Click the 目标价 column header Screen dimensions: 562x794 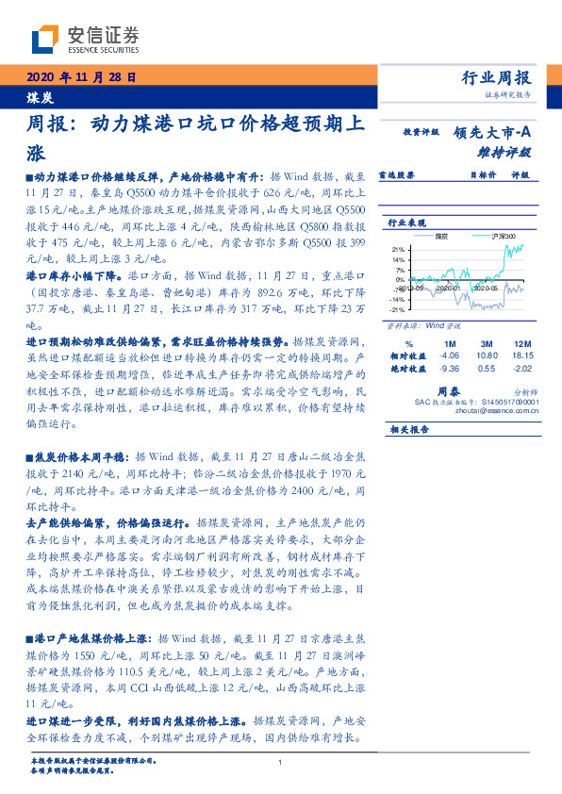(482, 174)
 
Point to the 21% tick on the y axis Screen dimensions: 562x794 (399, 249)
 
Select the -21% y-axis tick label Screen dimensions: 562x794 (398, 309)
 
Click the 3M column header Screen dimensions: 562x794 (487, 342)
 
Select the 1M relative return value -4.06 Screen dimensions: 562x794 (449, 355)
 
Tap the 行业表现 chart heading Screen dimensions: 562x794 (408, 222)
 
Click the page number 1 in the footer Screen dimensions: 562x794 (280, 763)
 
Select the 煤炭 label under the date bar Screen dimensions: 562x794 (40, 96)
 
